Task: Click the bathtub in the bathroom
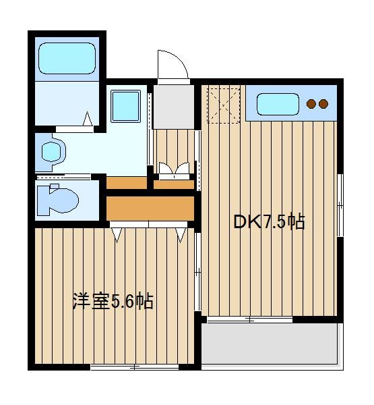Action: pos(67,58)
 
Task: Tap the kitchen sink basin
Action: pos(278,104)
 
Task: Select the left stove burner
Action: pos(311,104)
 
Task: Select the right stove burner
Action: pos(323,104)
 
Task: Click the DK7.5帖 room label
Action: pos(269,221)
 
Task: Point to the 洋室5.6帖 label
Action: pos(113,301)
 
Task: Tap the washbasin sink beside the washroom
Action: pos(53,152)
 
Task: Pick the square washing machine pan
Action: pos(125,106)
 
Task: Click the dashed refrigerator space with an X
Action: pos(224,106)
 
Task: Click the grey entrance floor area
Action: pos(174,107)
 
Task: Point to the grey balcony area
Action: pos(270,344)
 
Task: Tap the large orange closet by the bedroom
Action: pos(150,209)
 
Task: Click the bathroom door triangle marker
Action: pos(88,119)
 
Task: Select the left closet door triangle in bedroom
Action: pos(117,235)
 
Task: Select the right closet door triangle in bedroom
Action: pos(181,235)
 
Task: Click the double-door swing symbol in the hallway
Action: pos(174,168)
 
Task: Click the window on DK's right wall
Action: pos(340,205)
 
